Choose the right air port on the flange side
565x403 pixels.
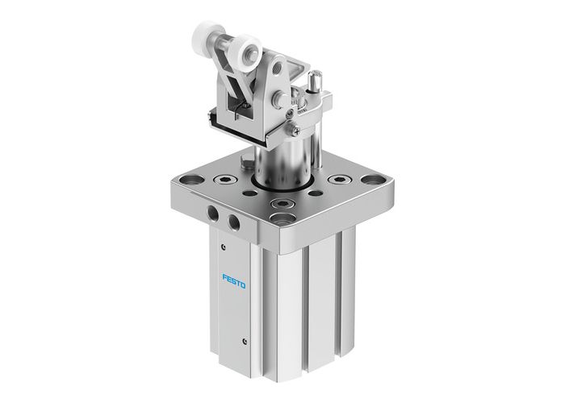(x=234, y=221)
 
